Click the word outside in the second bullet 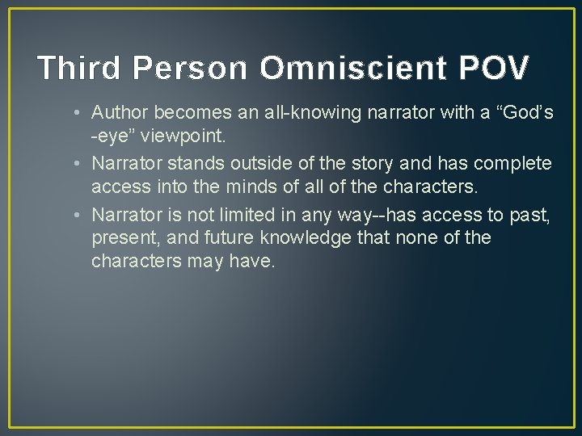pyautogui.click(x=238, y=164)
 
